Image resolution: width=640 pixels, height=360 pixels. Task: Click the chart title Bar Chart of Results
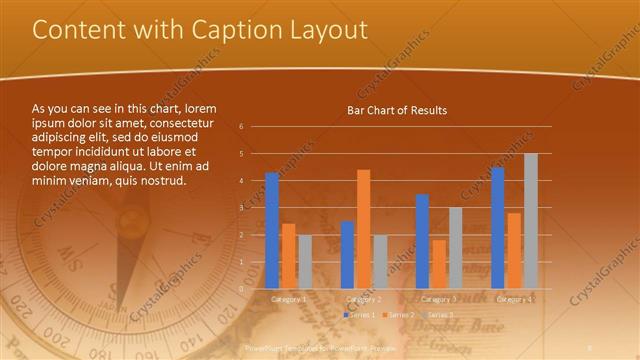(397, 110)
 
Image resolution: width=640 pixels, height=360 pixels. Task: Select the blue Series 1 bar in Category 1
(272, 230)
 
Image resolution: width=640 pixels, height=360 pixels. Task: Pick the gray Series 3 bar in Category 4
(531, 221)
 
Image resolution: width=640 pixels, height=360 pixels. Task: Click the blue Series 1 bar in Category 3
(422, 241)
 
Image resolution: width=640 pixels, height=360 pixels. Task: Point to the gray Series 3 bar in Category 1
(305, 261)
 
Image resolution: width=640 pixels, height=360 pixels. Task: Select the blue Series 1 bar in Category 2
(347, 254)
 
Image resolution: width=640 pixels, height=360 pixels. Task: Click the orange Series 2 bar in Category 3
(439, 263)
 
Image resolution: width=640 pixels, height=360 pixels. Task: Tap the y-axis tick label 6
(241, 127)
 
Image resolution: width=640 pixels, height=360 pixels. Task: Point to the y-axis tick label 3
(241, 208)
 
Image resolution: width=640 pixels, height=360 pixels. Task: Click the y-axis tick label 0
(241, 289)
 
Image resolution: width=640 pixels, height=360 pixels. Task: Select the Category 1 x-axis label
(289, 299)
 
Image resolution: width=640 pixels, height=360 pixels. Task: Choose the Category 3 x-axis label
(439, 299)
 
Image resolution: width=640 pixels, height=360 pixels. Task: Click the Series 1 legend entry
(361, 315)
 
